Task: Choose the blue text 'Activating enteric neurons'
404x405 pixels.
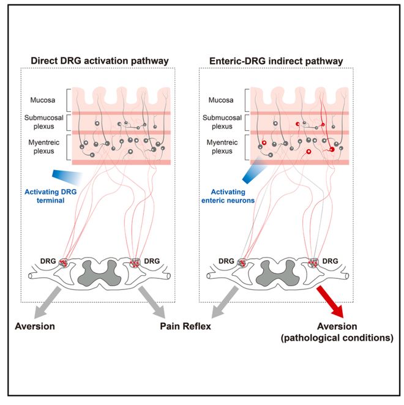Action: pos(233,195)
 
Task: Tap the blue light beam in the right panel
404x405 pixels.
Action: pos(253,170)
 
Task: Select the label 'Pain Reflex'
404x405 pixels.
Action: pos(183,327)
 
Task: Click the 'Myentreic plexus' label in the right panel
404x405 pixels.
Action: pos(220,147)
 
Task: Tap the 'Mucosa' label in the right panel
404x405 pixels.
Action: pos(220,97)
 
